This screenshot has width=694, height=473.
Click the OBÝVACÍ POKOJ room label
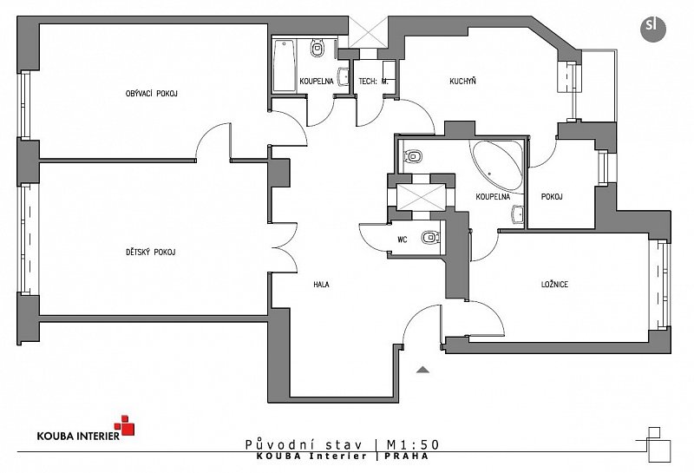tap(151, 94)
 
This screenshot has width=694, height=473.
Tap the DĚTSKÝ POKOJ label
tap(150, 253)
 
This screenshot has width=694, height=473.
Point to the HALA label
tap(321, 285)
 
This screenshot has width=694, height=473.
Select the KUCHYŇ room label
tap(462, 81)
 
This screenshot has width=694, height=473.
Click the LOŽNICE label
tap(554, 285)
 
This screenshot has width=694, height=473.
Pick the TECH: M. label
tap(373, 82)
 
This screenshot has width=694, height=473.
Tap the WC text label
tap(402, 240)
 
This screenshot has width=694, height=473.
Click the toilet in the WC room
tap(430, 238)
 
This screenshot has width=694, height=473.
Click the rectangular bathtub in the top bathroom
tap(285, 66)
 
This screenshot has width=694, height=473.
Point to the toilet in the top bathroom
tap(318, 48)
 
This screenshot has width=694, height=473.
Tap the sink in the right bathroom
tap(518, 214)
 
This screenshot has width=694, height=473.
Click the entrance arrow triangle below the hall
tap(422, 370)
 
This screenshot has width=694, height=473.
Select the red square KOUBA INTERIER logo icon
tap(124, 425)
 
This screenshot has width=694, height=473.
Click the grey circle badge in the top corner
tap(653, 29)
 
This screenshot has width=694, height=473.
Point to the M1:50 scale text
tap(413, 444)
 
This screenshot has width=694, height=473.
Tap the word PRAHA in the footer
tap(406, 456)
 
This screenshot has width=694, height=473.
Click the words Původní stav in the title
tap(304, 444)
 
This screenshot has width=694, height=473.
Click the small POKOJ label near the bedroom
tap(552, 197)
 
